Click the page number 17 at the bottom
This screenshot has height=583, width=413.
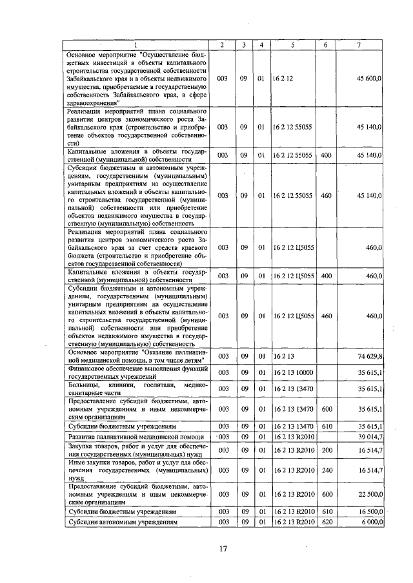223,549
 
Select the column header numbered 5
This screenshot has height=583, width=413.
292,44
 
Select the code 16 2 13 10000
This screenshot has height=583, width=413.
293,372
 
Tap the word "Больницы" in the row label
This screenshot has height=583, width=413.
85,385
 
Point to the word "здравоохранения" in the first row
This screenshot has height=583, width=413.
91,102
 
